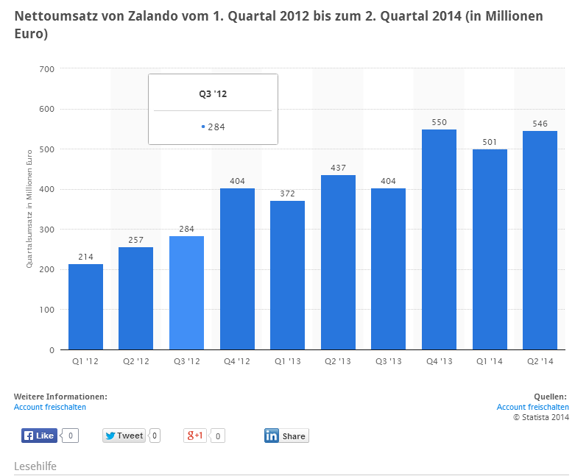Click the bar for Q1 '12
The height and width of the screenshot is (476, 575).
point(85,307)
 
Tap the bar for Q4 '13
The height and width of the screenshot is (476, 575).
point(439,239)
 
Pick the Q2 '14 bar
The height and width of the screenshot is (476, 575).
point(540,240)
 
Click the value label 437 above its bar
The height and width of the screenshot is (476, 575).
point(338,168)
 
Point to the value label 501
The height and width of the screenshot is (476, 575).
point(490,142)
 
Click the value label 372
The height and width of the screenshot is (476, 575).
point(287,193)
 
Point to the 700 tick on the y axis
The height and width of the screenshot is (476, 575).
point(47,69)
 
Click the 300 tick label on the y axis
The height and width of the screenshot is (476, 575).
point(47,230)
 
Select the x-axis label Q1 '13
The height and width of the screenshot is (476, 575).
point(287,361)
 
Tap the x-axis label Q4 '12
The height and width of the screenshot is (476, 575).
point(237,361)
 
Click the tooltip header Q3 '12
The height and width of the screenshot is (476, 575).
point(213,93)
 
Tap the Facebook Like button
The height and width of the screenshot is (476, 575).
point(39,436)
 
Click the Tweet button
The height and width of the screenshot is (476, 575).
point(124,436)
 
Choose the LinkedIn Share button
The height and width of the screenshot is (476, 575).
point(286,436)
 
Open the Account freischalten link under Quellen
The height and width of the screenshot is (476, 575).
point(532,407)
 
